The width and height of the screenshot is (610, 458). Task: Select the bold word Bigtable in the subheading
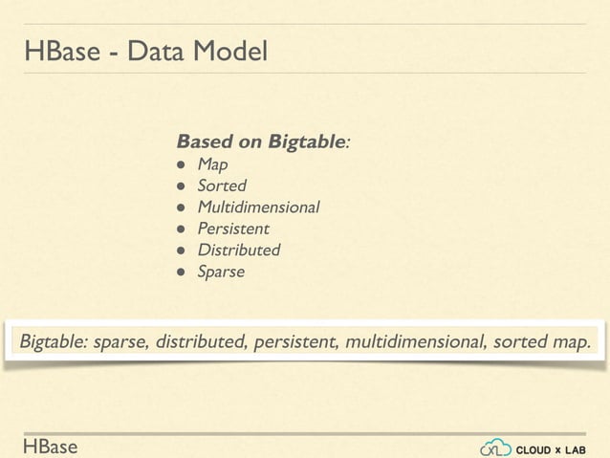306,142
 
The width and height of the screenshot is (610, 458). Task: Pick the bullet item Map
212,164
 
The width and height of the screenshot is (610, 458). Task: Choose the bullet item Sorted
221,185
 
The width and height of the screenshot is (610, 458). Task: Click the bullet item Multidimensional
258,207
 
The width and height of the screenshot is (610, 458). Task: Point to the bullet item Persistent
232,229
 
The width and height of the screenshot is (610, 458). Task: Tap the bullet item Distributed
238,251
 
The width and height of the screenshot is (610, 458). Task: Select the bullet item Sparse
220,273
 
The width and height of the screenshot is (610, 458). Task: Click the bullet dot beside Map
181,164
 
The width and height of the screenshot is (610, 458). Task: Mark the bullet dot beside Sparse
181,273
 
